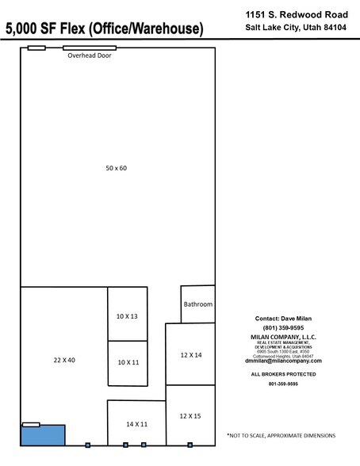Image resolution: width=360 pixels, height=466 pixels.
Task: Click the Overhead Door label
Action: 89,56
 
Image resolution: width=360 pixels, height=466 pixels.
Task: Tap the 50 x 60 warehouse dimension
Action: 117,167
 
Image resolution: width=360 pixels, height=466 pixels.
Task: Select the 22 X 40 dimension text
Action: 63,360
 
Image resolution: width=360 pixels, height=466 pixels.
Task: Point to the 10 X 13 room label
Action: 127,316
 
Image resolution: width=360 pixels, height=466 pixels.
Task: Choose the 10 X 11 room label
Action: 127,362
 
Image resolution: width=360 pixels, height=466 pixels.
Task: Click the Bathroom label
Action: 197,304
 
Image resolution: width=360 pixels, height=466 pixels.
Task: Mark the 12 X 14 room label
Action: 191,355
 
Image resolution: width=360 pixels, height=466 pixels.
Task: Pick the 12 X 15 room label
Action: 191,415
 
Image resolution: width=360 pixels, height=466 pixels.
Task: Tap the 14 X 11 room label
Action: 136,425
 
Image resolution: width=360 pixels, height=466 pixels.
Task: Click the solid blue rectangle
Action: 43,436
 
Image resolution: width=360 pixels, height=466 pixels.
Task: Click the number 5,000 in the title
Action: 26,29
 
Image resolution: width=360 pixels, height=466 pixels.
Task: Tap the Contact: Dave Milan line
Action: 283,319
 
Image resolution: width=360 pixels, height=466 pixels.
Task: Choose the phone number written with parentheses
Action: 283,327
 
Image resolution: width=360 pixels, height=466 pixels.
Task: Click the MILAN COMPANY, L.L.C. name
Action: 283,336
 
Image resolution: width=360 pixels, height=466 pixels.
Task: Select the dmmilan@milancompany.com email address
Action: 283,361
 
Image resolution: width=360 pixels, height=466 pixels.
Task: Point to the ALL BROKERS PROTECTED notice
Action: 283,373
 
